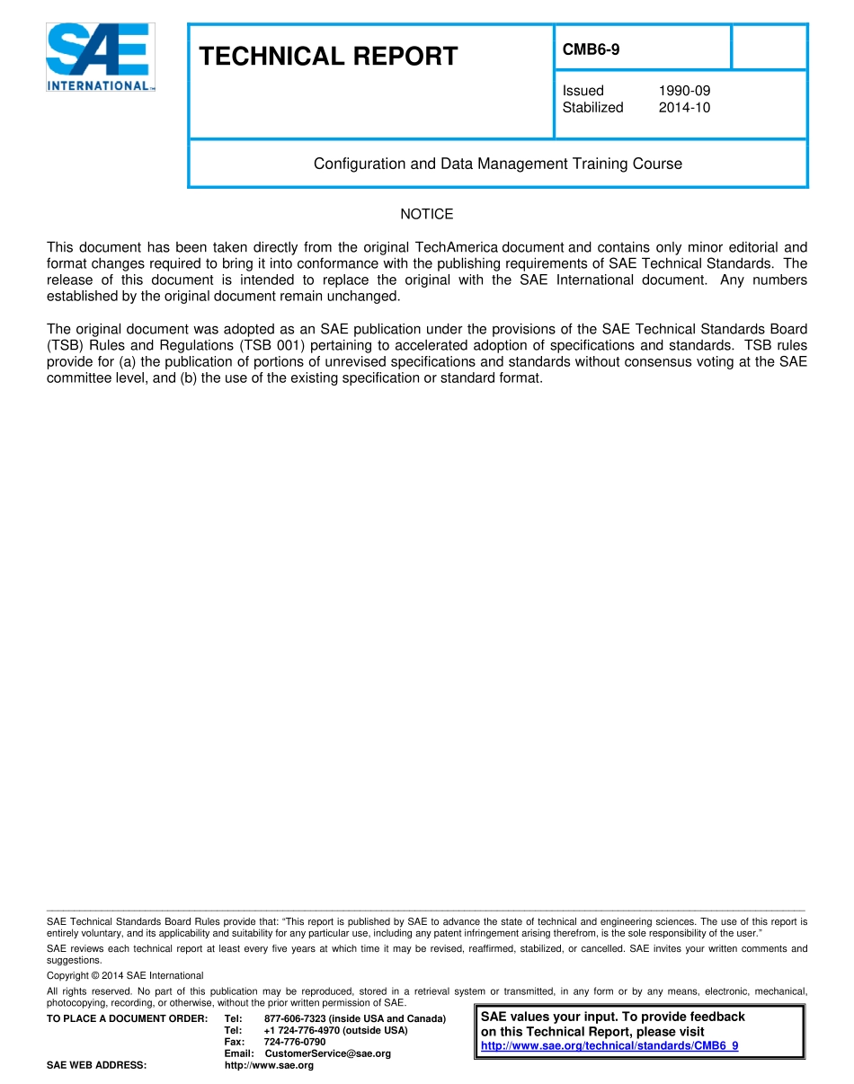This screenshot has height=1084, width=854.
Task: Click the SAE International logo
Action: pyautogui.click(x=101, y=58)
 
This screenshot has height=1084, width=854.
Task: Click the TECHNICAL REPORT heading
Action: pyautogui.click(x=328, y=57)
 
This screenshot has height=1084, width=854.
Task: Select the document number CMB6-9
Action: pyautogui.click(x=591, y=50)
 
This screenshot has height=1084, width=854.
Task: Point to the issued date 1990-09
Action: pyautogui.click(x=684, y=91)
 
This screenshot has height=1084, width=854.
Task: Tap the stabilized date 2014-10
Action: pyautogui.click(x=684, y=108)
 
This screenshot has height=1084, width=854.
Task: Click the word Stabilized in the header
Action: pyautogui.click(x=592, y=108)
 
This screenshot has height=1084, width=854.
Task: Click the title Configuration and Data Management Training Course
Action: pyautogui.click(x=497, y=164)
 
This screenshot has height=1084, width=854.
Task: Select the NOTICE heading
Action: pyautogui.click(x=426, y=214)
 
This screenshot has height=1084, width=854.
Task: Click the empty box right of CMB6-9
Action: pyautogui.click(x=769, y=48)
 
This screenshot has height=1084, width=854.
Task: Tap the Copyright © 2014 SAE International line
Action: pyautogui.click(x=125, y=975)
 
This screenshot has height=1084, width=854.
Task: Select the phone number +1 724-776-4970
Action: pyautogui.click(x=299, y=1030)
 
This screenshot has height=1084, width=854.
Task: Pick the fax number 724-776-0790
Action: pyautogui.click(x=294, y=1042)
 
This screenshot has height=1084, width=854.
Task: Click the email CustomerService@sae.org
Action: pyautogui.click(x=327, y=1053)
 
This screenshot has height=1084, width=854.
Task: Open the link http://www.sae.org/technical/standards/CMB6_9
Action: pyautogui.click(x=609, y=1046)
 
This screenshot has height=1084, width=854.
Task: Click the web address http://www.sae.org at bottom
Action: pyautogui.click(x=269, y=1065)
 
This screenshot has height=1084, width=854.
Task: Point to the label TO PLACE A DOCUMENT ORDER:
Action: pyautogui.click(x=127, y=1018)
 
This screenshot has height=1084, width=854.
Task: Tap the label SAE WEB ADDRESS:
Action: pyautogui.click(x=96, y=1065)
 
